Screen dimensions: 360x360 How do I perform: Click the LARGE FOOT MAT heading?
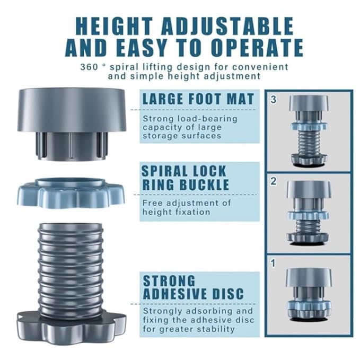198,99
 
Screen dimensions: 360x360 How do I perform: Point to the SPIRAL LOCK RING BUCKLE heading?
186,178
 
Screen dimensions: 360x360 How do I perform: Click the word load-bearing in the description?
207,119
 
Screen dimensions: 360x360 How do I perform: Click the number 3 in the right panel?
273,100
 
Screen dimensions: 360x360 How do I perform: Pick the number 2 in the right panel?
273,181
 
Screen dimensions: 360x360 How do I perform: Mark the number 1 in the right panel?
273,264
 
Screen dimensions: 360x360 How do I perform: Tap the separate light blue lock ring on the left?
71,192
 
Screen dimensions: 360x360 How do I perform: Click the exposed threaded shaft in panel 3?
309,143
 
